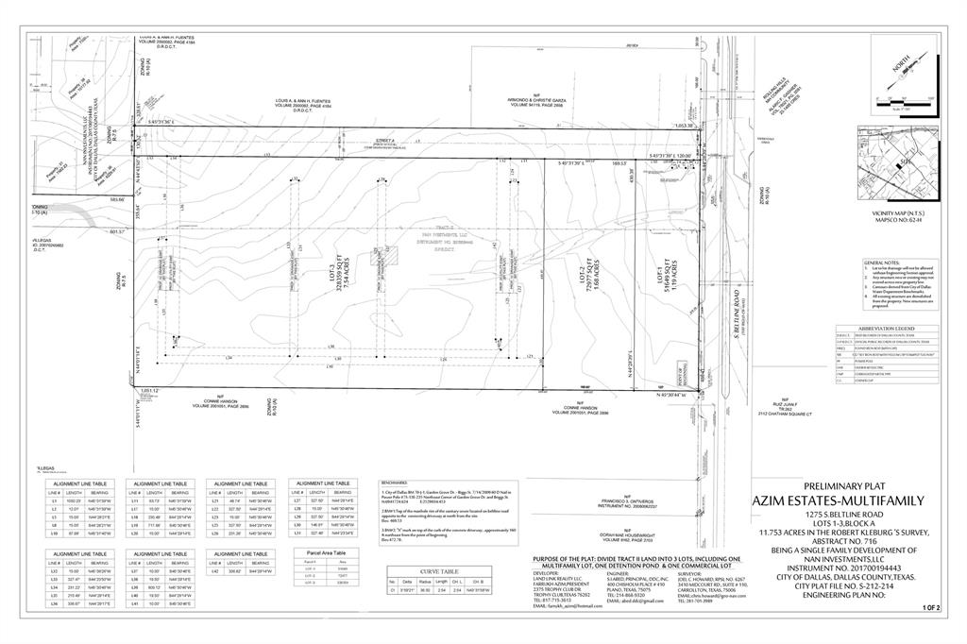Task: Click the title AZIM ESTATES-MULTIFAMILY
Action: (839, 501)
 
